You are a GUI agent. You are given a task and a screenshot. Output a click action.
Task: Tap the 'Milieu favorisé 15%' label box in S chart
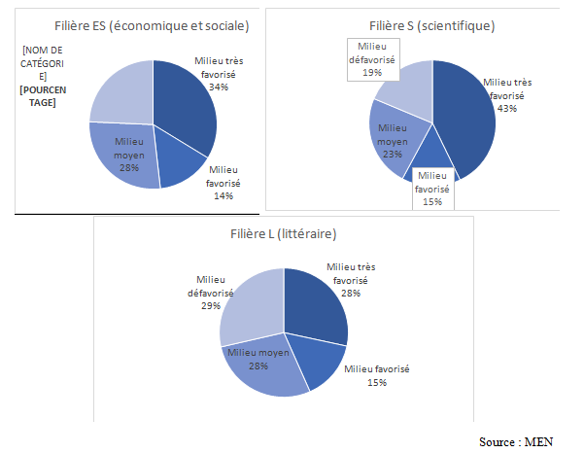[431, 189]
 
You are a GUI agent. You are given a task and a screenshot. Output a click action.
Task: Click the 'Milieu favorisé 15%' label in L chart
[378, 375]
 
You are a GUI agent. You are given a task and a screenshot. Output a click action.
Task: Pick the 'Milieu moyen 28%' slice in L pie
[267, 365]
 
